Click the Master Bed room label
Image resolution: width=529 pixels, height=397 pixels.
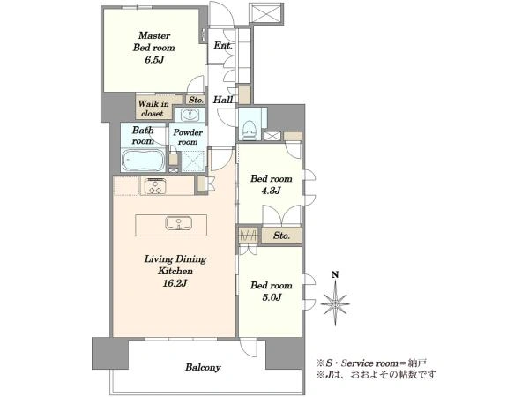[x=153, y=41]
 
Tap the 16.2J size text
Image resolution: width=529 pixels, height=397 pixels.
[x=175, y=283]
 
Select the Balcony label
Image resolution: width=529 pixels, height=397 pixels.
[x=203, y=367]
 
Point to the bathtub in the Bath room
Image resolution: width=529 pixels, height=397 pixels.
[x=144, y=160]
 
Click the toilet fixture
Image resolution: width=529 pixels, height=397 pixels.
[x=249, y=130]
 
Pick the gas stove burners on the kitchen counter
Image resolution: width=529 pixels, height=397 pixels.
[x=155, y=186]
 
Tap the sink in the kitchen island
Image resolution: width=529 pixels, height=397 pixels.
[x=178, y=223]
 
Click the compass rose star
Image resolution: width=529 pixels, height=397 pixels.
[x=335, y=303]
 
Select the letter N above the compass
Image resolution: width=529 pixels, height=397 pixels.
[x=335, y=274]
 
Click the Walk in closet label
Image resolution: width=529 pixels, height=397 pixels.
[x=153, y=109]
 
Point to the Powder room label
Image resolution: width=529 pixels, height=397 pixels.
[x=188, y=137]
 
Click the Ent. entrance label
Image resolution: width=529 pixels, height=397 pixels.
[x=222, y=45]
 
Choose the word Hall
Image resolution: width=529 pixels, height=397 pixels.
[x=223, y=100]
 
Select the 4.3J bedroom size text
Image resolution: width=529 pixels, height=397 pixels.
[x=272, y=191]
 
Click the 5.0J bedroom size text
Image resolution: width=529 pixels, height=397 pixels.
[x=272, y=297]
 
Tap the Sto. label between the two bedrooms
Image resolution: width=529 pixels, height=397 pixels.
[x=282, y=236]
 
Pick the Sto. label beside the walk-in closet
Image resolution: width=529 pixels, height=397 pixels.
[x=196, y=100]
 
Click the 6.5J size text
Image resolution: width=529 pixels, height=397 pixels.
[x=154, y=60]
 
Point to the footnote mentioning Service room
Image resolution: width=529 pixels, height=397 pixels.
[x=371, y=363]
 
